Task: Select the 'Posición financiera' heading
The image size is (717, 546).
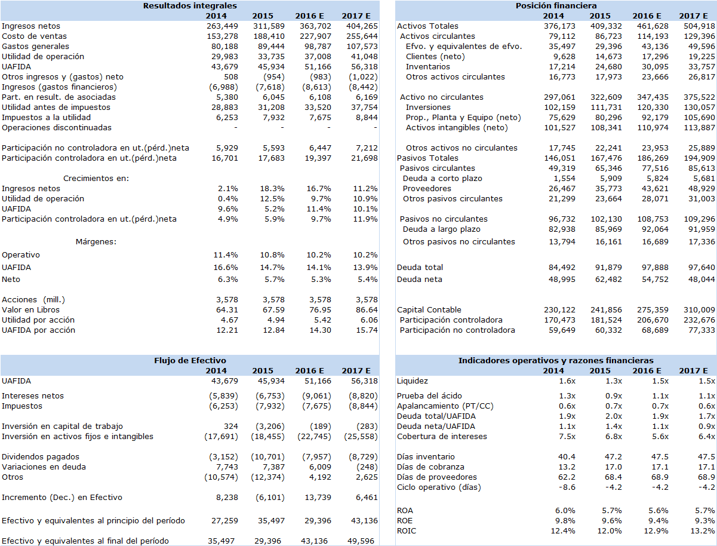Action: pos(556,5)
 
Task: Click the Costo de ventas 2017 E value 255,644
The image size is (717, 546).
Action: pos(362,36)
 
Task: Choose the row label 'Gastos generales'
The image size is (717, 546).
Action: pos(35,46)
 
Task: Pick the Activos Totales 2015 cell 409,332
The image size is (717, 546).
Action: pos(607,26)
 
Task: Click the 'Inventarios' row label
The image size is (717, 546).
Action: pos(427,66)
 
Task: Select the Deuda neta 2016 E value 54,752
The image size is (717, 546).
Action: pos(654,279)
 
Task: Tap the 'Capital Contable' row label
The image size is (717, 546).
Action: pos(429,309)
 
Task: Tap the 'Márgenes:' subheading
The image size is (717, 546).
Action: pos(96,241)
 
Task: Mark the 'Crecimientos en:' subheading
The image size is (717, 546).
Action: pos(96,178)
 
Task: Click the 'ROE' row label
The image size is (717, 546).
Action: pos(405,520)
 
